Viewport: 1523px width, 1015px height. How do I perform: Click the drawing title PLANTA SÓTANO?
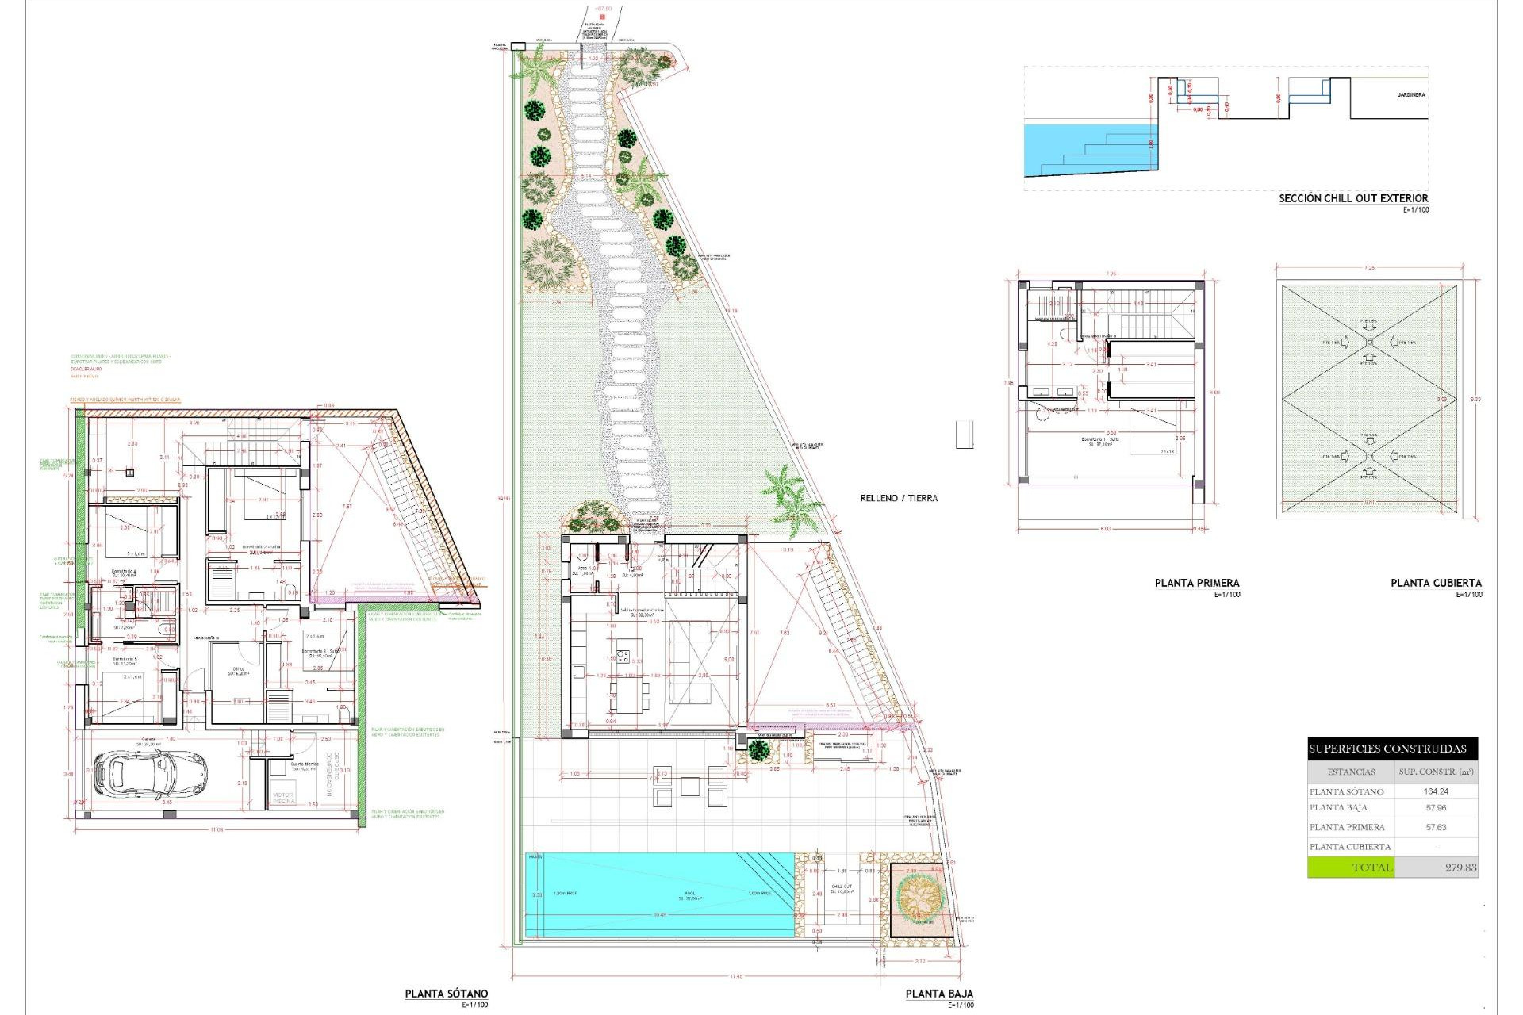tap(447, 994)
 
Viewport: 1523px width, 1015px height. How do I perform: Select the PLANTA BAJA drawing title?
tap(939, 994)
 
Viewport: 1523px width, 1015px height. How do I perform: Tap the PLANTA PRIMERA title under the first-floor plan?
tap(1197, 583)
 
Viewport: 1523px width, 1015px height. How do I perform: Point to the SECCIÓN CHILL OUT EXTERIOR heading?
tap(1353, 198)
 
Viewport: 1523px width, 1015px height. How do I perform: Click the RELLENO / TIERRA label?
tap(899, 498)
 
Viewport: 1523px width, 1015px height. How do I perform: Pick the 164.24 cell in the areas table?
tap(1436, 791)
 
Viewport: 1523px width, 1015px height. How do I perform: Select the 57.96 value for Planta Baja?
tap(1436, 808)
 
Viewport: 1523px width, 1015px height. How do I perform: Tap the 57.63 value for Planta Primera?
tap(1436, 827)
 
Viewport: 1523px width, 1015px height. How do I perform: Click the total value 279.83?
tap(1460, 868)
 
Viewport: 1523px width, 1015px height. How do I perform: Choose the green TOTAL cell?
tap(1351, 868)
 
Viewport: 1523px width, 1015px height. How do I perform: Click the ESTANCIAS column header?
tap(1351, 772)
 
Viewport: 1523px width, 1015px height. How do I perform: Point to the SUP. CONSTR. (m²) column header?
tap(1436, 772)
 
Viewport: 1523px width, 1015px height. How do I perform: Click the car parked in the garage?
tap(150, 774)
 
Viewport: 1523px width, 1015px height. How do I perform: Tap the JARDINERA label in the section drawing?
tap(1411, 95)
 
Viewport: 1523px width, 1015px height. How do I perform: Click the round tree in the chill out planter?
tap(919, 897)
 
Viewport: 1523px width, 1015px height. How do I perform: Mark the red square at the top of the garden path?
tap(603, 17)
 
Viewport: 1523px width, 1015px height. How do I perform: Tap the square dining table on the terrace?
tap(689, 787)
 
